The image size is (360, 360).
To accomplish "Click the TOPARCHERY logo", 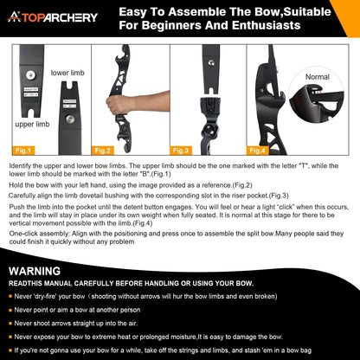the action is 52,17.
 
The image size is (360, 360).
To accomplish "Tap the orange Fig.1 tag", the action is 23,151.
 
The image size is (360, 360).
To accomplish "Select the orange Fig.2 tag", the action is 103,151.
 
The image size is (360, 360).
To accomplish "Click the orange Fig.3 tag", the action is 181,151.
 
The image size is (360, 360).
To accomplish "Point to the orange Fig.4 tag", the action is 258,151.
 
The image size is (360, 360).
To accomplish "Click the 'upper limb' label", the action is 32,125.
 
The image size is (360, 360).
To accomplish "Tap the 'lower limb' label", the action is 67,73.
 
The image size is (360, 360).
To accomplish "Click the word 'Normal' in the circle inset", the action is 318,77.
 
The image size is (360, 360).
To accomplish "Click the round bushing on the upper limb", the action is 30,75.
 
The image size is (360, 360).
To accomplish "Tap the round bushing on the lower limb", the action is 70,119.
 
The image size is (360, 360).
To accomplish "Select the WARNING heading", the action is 35,272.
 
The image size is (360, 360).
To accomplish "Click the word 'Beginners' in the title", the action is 171,25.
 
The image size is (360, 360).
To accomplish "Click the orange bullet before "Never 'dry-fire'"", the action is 10,296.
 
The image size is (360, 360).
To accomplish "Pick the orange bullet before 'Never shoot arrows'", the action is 10,324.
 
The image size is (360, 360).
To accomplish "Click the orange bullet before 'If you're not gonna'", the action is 10,350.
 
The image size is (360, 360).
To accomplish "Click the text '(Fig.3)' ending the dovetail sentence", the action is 279,196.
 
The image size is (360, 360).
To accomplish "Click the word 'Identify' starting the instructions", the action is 20,166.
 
